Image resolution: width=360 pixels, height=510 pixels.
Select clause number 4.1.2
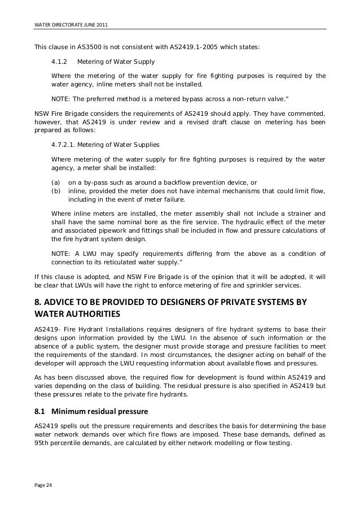pyautogui.click(x=59, y=62)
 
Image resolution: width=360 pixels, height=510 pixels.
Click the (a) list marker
pyautogui.click(x=55, y=183)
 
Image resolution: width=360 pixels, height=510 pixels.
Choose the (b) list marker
pyautogui.click(x=55, y=191)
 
